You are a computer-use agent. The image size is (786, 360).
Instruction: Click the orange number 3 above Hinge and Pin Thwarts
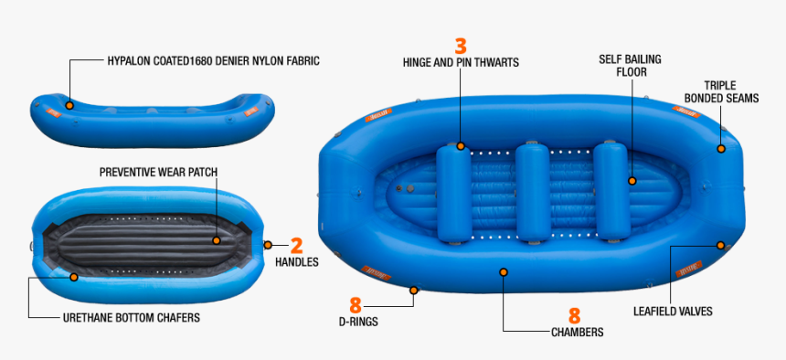pyautogui.click(x=461, y=46)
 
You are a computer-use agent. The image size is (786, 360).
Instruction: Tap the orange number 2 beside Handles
pyautogui.click(x=296, y=245)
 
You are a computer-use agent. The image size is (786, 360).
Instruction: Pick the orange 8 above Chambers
pyautogui.click(x=575, y=315)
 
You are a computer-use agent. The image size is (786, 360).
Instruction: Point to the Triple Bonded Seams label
pyautogui.click(x=731, y=91)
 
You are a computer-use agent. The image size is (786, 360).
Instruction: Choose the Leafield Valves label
pyautogui.click(x=673, y=312)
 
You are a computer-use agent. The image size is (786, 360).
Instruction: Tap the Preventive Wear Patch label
pyautogui.click(x=158, y=171)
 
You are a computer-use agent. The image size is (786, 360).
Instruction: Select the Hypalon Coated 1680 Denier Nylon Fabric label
pyautogui.click(x=213, y=61)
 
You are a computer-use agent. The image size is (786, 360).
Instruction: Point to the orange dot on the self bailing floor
pyautogui.click(x=632, y=181)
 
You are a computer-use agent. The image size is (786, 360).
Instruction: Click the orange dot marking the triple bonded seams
pyautogui.click(x=721, y=148)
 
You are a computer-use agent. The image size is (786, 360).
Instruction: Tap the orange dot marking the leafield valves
pyautogui.click(x=721, y=245)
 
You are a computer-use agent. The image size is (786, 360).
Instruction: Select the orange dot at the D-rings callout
pyautogui.click(x=414, y=291)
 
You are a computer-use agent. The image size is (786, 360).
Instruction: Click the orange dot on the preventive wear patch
pyautogui.click(x=217, y=241)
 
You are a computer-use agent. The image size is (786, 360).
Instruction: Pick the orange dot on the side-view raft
pyautogui.click(x=69, y=106)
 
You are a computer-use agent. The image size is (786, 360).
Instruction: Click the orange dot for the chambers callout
pyautogui.click(x=504, y=271)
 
